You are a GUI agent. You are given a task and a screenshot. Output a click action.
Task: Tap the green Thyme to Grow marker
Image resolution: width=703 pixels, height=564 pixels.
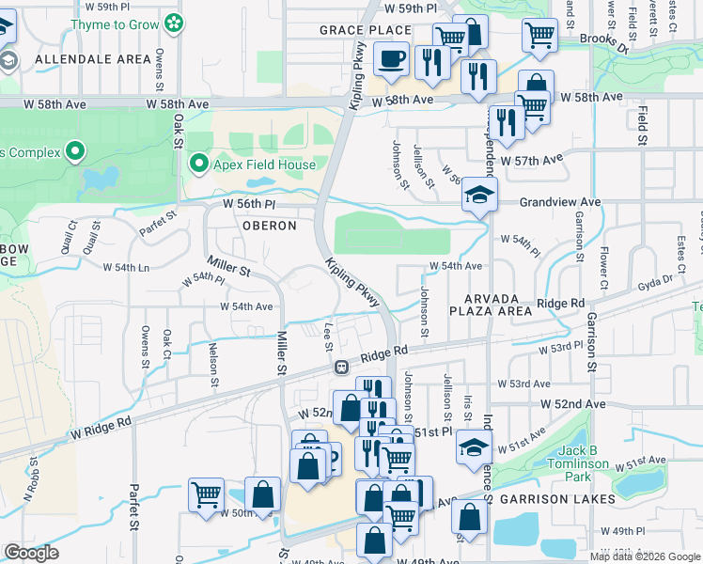point(174,22)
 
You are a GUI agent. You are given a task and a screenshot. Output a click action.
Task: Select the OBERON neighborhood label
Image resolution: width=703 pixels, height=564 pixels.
point(270,226)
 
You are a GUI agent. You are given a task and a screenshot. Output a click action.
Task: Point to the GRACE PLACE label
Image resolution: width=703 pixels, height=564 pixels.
point(366,30)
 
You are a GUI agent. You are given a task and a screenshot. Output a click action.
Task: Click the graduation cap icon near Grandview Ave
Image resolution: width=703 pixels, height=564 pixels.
point(479,196)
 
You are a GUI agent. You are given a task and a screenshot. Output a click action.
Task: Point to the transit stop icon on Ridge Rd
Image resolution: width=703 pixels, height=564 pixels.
point(343,366)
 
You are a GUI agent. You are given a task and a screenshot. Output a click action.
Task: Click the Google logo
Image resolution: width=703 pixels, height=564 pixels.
point(32,553)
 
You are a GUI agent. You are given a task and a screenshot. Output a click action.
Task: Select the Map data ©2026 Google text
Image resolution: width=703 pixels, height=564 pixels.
point(644,556)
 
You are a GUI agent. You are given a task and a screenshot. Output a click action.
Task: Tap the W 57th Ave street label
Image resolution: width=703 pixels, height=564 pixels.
point(532,161)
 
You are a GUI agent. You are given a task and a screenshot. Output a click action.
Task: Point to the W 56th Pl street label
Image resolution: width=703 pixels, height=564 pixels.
point(250,203)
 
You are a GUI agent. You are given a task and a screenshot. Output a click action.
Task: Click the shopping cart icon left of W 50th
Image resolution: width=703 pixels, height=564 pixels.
point(206,494)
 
